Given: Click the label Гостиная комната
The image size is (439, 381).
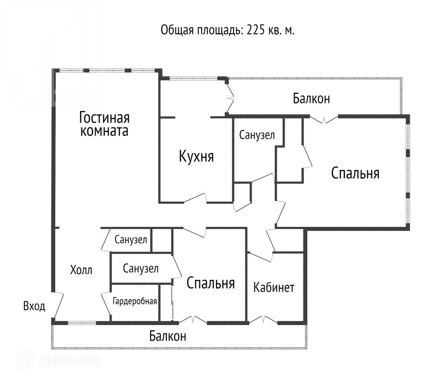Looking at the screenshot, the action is point(105,124).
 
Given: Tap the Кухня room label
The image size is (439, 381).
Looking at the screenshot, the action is point(196,156).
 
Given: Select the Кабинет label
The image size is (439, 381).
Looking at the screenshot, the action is point(274,287).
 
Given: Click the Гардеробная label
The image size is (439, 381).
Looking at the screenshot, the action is point(135,302).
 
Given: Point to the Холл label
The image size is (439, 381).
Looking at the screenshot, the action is point(81,270).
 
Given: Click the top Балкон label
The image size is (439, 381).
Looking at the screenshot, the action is point(311,98).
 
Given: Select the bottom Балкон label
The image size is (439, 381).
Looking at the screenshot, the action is point(168,336).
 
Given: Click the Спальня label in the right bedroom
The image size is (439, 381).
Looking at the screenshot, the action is point(355,173).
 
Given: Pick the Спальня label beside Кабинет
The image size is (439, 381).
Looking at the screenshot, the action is point(210,283).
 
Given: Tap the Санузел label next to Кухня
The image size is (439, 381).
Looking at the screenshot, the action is point(257,135).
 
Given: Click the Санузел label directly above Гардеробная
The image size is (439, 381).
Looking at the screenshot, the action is point(141,269).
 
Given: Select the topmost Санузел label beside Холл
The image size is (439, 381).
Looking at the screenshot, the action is point(131,240).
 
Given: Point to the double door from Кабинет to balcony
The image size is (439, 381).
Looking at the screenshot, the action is point(263,320).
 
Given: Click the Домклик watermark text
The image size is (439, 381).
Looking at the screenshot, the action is point(69,361).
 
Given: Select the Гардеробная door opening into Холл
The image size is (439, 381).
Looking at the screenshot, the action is point(105,303).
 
